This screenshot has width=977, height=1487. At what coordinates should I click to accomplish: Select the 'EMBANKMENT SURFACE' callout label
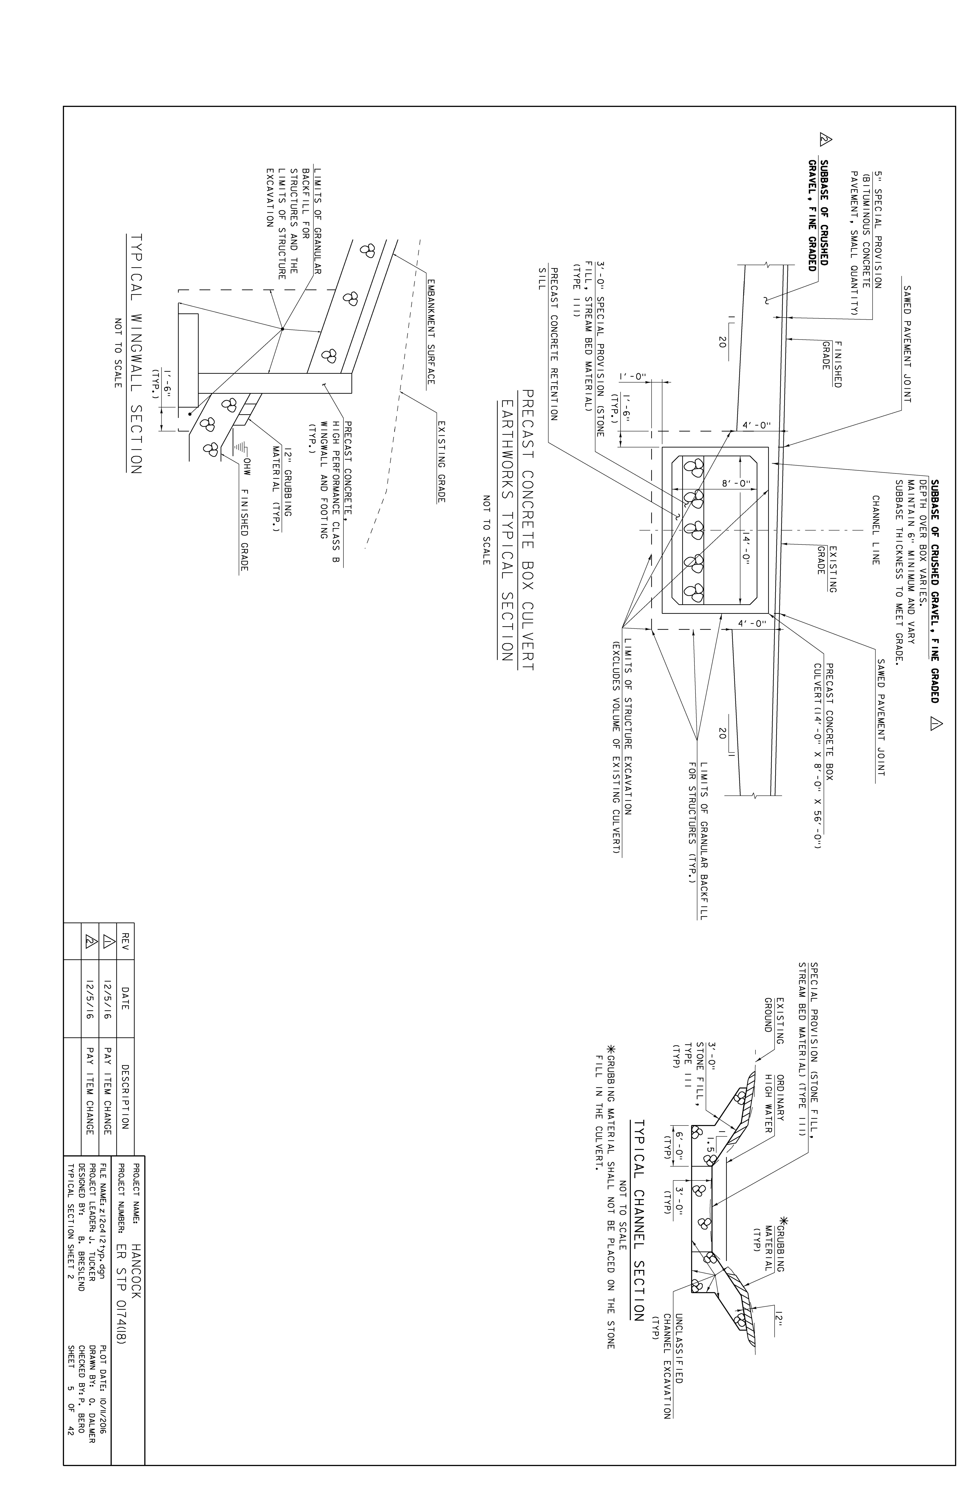430,331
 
